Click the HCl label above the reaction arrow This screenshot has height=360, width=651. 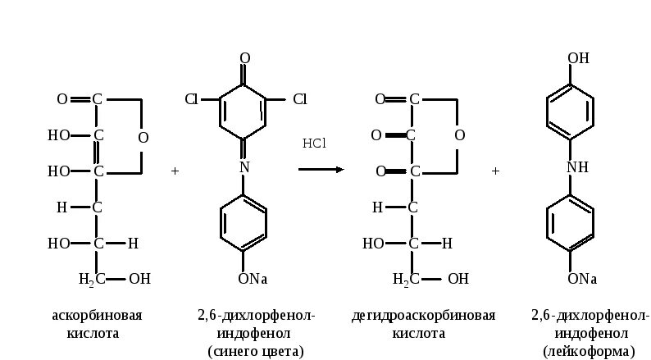[314, 144]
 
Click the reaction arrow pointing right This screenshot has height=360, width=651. [321, 170]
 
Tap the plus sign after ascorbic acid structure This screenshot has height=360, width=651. [175, 171]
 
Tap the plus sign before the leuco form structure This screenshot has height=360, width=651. [495, 171]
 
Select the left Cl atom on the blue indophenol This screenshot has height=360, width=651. [191, 99]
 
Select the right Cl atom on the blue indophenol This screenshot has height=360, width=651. [299, 99]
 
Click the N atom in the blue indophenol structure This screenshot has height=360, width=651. [244, 166]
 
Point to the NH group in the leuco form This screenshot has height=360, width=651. [577, 166]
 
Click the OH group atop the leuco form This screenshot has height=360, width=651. [578, 58]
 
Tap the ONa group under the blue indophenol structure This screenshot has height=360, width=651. [253, 279]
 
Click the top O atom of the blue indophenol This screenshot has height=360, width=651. [244, 58]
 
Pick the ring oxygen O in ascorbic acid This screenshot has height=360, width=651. [143, 137]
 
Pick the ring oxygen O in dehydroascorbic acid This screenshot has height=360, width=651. [459, 135]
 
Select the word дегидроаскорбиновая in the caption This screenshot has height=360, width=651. [423, 316]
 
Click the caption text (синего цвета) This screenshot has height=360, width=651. [255, 352]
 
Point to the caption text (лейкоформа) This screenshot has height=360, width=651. [583, 352]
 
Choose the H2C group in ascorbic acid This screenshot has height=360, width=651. [90, 280]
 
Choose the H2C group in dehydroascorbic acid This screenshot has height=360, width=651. [407, 280]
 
